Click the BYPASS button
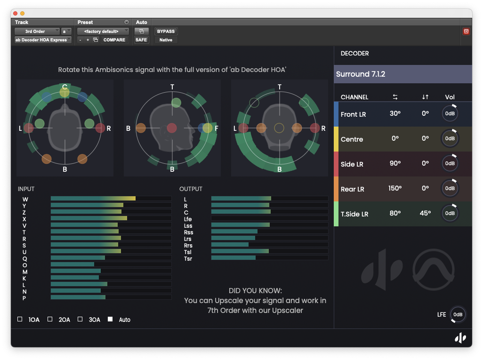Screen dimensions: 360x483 (166, 32)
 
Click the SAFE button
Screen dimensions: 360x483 (141, 40)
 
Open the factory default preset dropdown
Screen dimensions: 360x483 (103, 32)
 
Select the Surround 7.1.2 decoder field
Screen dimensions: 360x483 (403, 74)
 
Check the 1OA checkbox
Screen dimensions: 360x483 (20, 319)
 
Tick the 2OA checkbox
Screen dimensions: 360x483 (50, 319)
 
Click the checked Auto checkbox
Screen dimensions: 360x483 (110, 319)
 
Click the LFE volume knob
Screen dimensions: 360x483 (458, 314)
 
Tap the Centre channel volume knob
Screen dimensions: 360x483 (450, 139)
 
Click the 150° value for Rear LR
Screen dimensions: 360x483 (394, 189)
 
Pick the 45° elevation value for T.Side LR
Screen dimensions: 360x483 (425, 214)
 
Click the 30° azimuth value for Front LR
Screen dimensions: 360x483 (394, 114)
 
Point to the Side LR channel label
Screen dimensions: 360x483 (352, 164)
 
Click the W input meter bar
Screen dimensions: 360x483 (111, 199)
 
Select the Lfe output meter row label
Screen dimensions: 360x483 (188, 219)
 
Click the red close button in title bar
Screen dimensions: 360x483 (15, 14)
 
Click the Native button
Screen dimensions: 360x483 (166, 40)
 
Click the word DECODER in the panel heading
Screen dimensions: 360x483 (354, 54)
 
